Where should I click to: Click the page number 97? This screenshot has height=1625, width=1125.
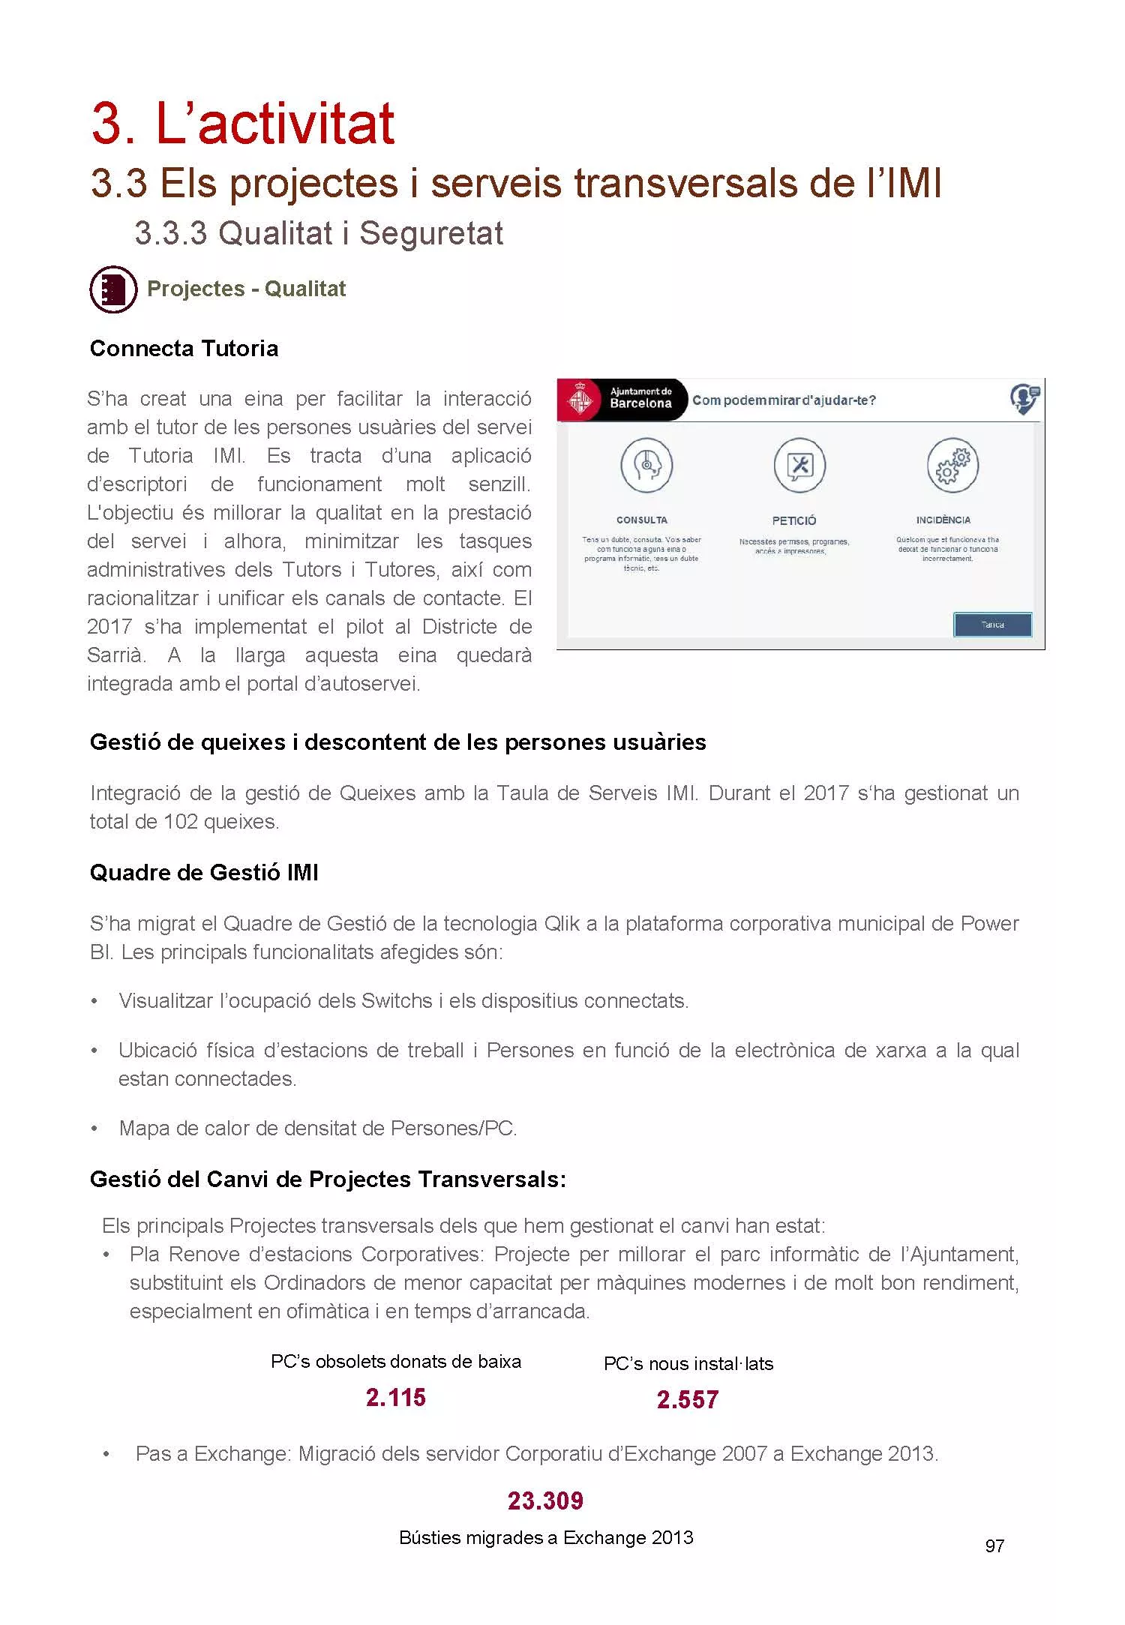click(x=994, y=1546)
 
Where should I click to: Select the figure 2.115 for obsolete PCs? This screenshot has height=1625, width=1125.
click(x=396, y=1398)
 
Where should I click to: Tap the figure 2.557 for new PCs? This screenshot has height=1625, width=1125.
click(x=688, y=1399)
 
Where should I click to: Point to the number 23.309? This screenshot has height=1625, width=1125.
click(x=545, y=1501)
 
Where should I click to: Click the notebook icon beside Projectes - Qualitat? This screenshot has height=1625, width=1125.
click(x=113, y=289)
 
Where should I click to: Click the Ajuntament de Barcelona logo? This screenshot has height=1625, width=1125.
click(x=580, y=399)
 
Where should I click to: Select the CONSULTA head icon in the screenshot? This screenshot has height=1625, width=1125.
click(x=646, y=466)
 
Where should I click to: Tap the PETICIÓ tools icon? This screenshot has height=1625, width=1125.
click(x=799, y=466)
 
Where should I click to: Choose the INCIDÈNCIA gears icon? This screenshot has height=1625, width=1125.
click(x=952, y=466)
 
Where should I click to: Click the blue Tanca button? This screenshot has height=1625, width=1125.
click(x=992, y=625)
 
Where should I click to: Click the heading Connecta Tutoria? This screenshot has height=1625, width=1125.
click(x=184, y=349)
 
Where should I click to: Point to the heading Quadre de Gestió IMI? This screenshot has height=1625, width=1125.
click(x=204, y=873)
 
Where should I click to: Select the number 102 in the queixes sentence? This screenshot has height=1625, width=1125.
click(x=180, y=822)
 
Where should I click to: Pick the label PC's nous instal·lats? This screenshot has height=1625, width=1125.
click(x=688, y=1363)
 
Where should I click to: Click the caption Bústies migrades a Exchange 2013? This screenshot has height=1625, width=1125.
click(x=546, y=1538)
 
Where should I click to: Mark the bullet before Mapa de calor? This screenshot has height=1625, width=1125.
click(x=94, y=1129)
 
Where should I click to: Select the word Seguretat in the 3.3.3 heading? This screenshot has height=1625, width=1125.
click(x=431, y=233)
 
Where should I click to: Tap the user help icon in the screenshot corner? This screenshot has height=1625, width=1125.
click(x=1024, y=398)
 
